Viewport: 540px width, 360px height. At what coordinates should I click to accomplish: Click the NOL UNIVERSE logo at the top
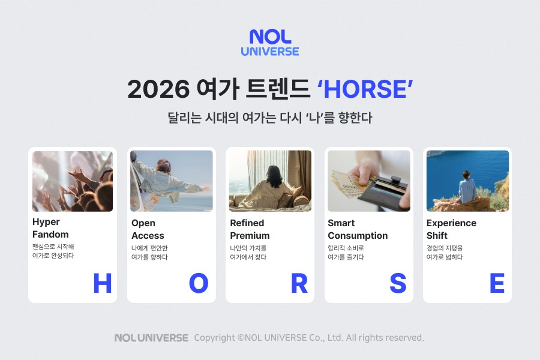coord(270,43)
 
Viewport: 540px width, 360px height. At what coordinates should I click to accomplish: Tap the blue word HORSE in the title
coord(365,89)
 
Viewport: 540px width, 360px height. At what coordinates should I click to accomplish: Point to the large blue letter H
coord(102,283)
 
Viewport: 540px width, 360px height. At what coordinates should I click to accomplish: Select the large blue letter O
coord(198,283)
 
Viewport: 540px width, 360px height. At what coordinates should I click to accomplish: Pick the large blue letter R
coord(299,283)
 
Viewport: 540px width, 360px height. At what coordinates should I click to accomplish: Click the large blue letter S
coord(397,283)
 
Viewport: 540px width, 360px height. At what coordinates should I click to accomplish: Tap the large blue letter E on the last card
coord(497,283)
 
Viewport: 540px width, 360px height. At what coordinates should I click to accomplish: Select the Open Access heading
coord(148,229)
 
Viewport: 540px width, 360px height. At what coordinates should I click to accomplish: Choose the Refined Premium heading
coord(250,229)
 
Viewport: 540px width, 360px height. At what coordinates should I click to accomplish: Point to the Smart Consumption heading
coord(358,229)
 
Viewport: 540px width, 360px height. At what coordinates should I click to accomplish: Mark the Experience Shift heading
coord(451,229)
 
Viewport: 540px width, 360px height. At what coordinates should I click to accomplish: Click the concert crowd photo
coord(73,181)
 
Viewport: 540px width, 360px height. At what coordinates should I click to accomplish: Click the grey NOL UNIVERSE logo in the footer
coord(151,338)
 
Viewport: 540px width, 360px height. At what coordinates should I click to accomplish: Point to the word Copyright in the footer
coord(214,338)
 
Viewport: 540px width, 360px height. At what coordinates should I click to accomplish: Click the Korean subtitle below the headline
coord(270,118)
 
